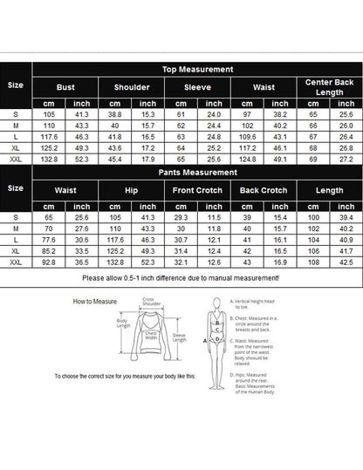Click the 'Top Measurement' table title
(x=197, y=69)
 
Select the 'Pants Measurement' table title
(x=197, y=172)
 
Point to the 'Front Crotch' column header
(x=197, y=188)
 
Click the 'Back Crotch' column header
(x=263, y=188)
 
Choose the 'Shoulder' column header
(x=132, y=87)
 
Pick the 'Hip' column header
(x=132, y=188)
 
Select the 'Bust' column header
(x=65, y=87)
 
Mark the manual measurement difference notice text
(x=180, y=277)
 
